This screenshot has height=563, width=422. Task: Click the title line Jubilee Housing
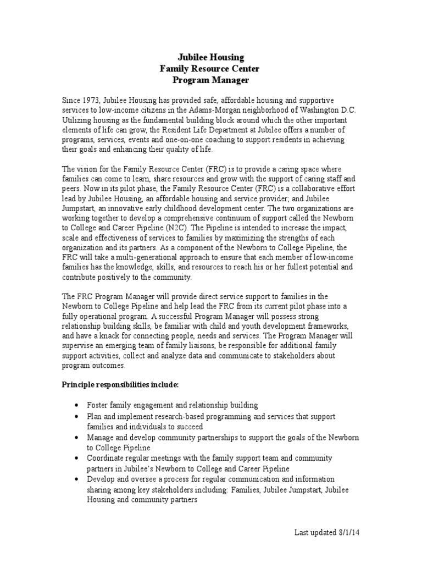(x=209, y=57)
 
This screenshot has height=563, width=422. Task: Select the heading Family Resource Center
(x=209, y=69)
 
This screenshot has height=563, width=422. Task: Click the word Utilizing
(x=77, y=119)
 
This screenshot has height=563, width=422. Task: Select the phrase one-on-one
(x=165, y=140)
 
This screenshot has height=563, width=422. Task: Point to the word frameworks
(x=337, y=326)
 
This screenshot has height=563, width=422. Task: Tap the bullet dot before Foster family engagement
(x=75, y=406)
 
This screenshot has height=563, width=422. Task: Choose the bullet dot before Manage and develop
(x=75, y=438)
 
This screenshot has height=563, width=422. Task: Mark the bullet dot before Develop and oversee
(x=75, y=479)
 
